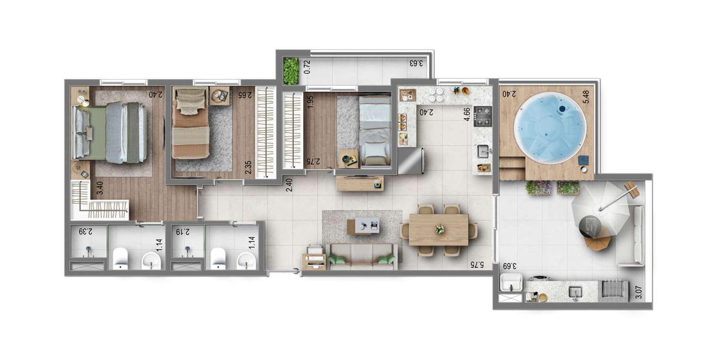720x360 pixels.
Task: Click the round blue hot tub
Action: (x=550, y=127)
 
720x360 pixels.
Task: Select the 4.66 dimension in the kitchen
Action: (x=467, y=115)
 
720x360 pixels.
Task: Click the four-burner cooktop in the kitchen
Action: (x=483, y=116)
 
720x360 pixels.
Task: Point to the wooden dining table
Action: (x=439, y=230)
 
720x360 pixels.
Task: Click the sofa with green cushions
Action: (x=362, y=257)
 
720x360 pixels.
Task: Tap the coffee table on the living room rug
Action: (x=363, y=226)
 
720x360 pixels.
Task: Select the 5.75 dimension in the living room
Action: (x=477, y=265)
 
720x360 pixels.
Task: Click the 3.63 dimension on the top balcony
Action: (x=416, y=63)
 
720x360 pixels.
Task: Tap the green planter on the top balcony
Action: (x=291, y=71)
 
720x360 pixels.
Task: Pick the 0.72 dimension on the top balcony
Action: (x=307, y=67)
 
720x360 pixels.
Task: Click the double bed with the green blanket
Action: (x=109, y=133)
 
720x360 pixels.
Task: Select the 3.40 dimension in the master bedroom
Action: (x=100, y=188)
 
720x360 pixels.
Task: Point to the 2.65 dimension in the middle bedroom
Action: (x=244, y=95)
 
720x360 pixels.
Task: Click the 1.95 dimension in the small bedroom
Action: (x=310, y=102)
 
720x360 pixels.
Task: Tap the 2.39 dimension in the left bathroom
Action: (x=86, y=232)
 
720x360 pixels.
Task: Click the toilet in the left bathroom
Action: (x=121, y=258)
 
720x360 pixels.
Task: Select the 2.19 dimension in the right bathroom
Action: (x=183, y=232)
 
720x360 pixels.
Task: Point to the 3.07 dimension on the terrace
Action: (x=639, y=292)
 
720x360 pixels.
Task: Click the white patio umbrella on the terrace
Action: (x=600, y=209)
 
